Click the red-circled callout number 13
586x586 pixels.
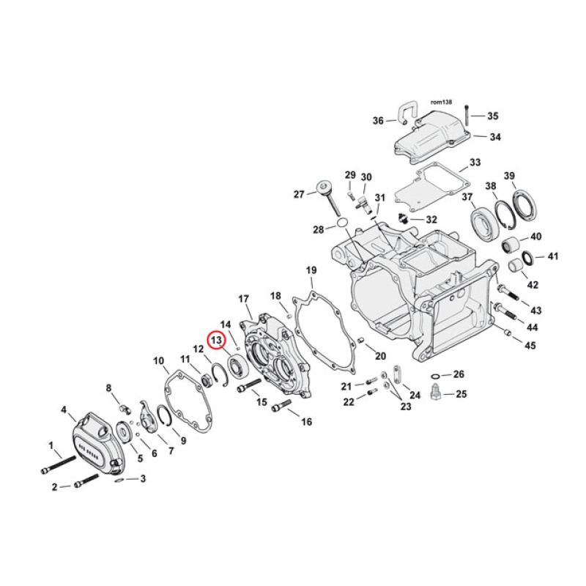[217, 341]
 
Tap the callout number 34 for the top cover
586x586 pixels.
[495, 137]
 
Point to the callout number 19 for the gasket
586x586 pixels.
[311, 270]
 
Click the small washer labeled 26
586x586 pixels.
[437, 374]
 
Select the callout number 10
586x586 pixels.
[158, 361]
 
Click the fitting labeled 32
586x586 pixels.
[402, 218]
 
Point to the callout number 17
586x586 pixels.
[244, 299]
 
